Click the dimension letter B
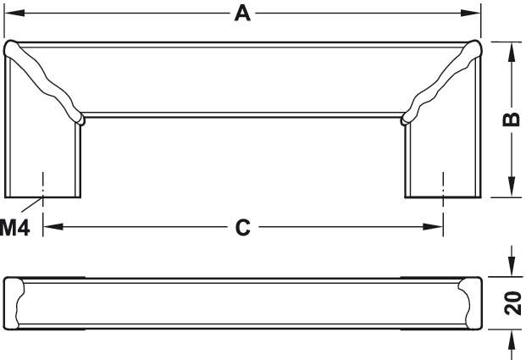pyautogui.click(x=511, y=119)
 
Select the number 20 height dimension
pyautogui.click(x=512, y=303)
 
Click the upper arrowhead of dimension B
pyautogui.click(x=511, y=51)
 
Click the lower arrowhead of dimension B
pyautogui.click(x=511, y=188)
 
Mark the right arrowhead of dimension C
pyautogui.click(x=437, y=227)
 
